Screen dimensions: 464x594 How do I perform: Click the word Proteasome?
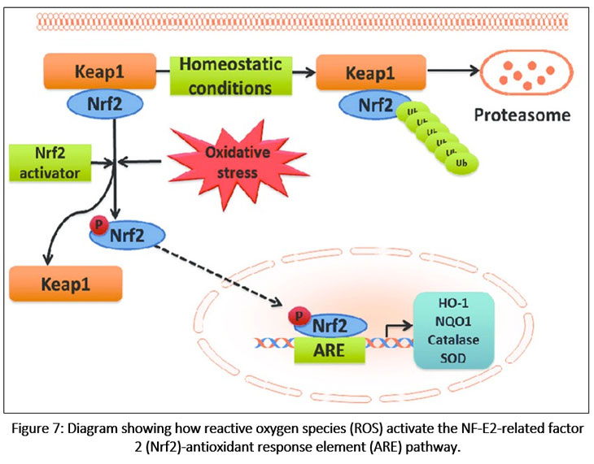click(x=524, y=116)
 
